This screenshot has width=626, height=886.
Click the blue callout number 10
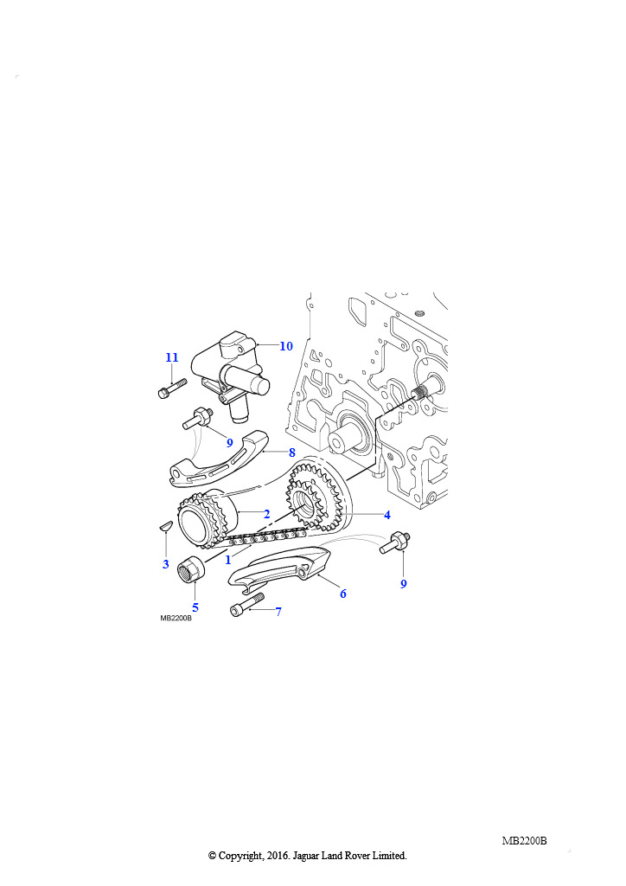(286, 346)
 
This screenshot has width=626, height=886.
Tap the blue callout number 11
(171, 357)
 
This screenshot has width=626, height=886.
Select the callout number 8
(292, 453)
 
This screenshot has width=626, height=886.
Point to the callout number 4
(387, 515)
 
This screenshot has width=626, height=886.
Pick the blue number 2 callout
(266, 514)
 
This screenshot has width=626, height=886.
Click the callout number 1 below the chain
(228, 560)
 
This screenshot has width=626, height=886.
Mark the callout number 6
(342, 594)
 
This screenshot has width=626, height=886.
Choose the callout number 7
(278, 611)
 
